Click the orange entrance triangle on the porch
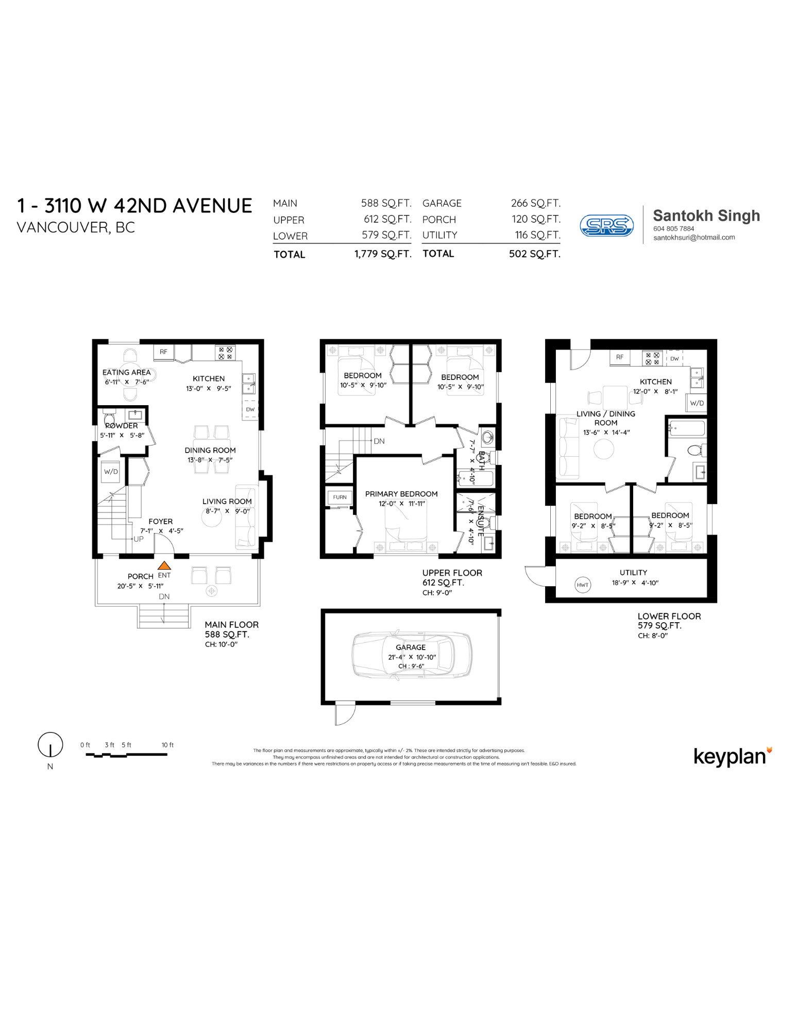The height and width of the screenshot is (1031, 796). tap(164, 566)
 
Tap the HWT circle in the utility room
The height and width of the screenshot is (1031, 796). tap(582, 585)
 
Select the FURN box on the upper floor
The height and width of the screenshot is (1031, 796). tap(340, 497)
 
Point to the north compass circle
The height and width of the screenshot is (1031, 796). tap(50, 744)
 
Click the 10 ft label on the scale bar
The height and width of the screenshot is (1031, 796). tap(167, 745)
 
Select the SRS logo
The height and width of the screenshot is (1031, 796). tap(606, 225)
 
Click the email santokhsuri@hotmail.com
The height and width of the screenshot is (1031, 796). tap(693, 238)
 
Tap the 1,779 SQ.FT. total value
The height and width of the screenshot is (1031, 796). tap(382, 254)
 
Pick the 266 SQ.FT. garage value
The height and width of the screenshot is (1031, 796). tap(535, 203)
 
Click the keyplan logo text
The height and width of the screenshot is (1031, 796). tap(730, 756)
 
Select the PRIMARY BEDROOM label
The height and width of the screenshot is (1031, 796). tap(401, 494)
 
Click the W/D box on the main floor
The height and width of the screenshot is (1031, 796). tap(111, 472)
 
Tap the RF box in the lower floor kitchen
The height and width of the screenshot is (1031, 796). tap(619, 357)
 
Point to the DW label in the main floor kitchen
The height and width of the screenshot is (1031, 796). tap(250, 409)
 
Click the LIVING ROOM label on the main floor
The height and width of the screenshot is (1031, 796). tap(227, 501)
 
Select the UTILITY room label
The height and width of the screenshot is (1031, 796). tap(633, 573)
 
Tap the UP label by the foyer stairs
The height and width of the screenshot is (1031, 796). tap(138, 539)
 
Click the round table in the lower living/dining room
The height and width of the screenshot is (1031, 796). tap(603, 449)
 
